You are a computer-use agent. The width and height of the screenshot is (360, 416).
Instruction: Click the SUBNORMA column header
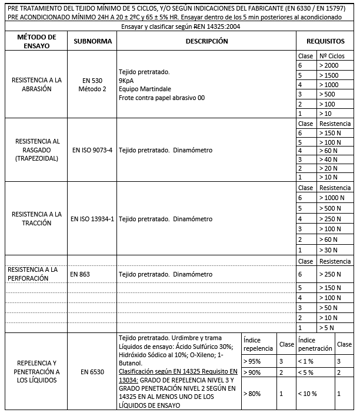click(89, 42)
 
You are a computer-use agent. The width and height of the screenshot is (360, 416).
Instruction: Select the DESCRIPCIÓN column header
click(206, 42)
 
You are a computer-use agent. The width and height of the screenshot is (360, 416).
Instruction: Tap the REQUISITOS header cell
click(325, 42)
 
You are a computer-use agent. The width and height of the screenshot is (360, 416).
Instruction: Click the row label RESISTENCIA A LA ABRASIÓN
click(36, 84)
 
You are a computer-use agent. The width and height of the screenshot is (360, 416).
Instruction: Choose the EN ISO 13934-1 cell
click(92, 219)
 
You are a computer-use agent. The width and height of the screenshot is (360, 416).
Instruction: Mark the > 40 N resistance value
click(328, 159)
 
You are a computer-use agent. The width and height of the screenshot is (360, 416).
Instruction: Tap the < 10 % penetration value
click(308, 393)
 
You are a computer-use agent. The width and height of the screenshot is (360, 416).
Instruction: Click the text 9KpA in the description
click(125, 80)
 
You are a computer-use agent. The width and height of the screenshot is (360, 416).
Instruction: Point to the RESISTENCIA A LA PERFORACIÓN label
click(32, 274)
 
